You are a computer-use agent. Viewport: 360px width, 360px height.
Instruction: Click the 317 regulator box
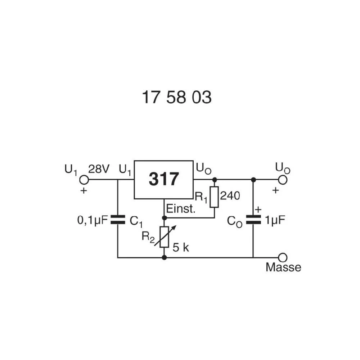pyautogui.click(x=164, y=179)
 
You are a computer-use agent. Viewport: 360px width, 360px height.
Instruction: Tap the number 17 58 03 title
pyautogui.click(x=176, y=97)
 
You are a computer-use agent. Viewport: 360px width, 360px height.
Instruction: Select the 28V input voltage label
pyautogui.click(x=99, y=169)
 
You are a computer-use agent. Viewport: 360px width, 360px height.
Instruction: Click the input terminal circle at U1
pyautogui.click(x=84, y=179)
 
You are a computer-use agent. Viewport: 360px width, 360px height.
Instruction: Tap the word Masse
pyautogui.click(x=283, y=267)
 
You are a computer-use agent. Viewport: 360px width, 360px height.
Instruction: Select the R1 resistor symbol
pyautogui.click(x=214, y=197)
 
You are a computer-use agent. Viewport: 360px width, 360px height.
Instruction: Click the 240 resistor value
pyautogui.click(x=230, y=196)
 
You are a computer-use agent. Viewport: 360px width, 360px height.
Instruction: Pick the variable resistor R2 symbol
pyautogui.click(x=165, y=237)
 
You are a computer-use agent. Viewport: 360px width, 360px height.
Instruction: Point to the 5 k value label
pyautogui.click(x=181, y=248)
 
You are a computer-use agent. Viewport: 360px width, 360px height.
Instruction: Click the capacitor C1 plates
pyautogui.click(x=117, y=220)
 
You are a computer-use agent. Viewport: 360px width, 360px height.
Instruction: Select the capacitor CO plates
pyautogui.click(x=253, y=220)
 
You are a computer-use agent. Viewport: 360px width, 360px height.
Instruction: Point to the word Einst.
pyautogui.click(x=180, y=209)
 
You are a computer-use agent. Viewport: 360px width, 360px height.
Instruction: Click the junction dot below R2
pyautogui.click(x=165, y=257)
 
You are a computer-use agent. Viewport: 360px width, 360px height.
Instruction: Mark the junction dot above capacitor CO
pyautogui.click(x=253, y=179)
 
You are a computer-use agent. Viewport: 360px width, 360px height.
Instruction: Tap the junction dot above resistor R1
pyautogui.click(x=215, y=179)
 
